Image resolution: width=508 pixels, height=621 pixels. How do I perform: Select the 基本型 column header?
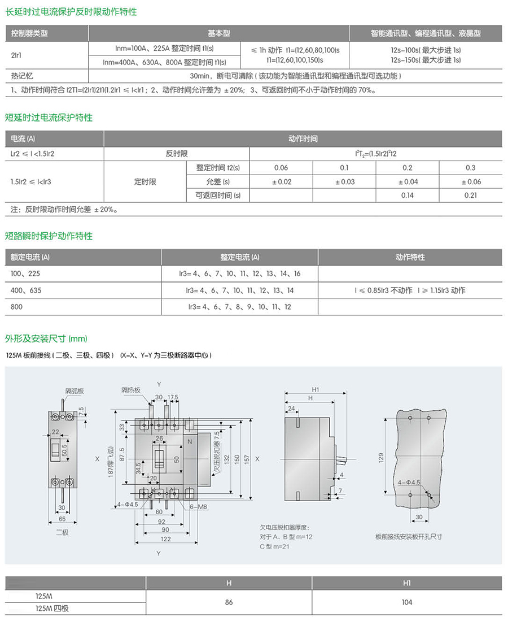click(x=219, y=33)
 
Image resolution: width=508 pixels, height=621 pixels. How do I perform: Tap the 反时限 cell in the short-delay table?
click(x=177, y=154)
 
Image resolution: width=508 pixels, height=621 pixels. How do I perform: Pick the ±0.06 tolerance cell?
click(x=471, y=182)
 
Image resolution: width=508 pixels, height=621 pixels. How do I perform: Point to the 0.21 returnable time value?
click(x=471, y=196)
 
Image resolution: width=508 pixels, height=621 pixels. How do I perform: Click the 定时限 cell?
click(x=145, y=182)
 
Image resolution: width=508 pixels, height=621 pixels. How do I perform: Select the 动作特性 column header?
click(x=410, y=257)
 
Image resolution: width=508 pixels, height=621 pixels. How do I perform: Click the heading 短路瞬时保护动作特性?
click(x=49, y=236)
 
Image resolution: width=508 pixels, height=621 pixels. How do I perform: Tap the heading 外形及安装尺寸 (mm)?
click(x=46, y=338)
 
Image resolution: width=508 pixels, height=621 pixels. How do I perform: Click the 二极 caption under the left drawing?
click(x=62, y=532)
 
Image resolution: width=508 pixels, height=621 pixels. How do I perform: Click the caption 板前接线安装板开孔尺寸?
click(x=408, y=536)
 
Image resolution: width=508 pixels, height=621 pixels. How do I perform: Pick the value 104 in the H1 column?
click(x=406, y=602)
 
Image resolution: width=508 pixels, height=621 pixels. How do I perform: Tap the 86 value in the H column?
click(x=229, y=602)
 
